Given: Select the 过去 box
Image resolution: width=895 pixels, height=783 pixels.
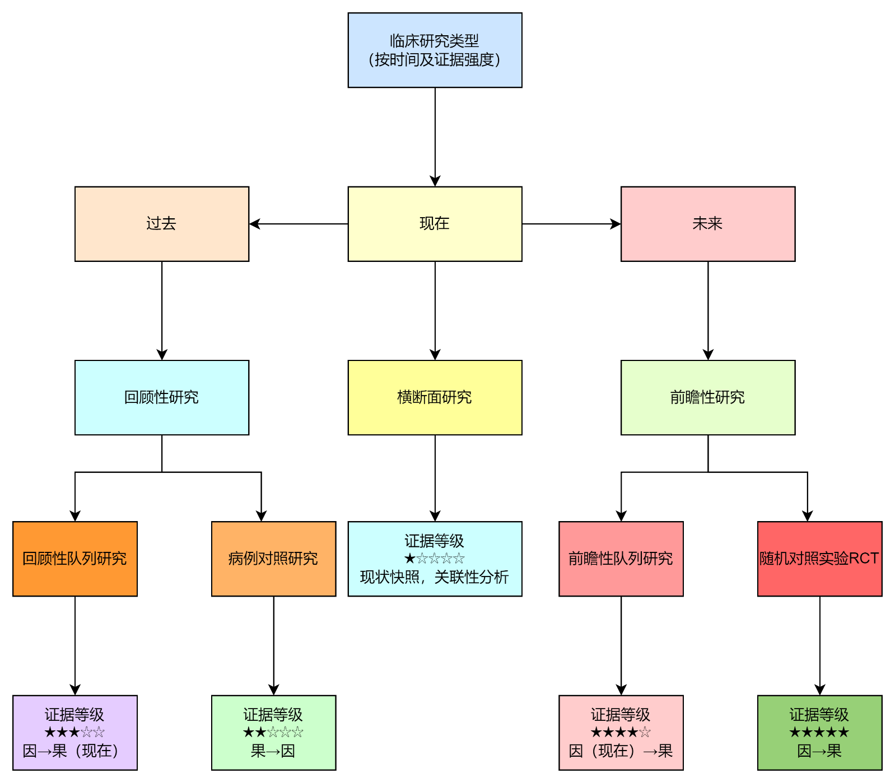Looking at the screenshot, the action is (161, 224).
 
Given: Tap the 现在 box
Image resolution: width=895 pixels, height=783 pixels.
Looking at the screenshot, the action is (435, 224).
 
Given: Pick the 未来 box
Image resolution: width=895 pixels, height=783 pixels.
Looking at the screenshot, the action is (707, 224).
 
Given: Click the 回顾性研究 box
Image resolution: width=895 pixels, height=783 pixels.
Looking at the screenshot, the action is (161, 397).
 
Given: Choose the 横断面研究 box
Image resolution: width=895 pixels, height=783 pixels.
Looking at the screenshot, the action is (435, 397).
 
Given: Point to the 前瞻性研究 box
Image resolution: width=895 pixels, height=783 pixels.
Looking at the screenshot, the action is (707, 397).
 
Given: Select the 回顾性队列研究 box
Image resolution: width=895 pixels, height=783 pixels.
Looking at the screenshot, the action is (74, 559).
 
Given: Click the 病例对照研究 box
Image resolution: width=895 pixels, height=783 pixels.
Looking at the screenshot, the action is (273, 559).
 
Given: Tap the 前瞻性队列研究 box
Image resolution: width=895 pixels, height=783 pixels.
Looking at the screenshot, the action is (621, 559).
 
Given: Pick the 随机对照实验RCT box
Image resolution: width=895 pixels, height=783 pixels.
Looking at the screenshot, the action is (819, 559).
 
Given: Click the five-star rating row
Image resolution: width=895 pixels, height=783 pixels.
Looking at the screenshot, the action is (819, 732).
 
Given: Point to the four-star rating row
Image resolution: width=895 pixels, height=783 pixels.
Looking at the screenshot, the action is (621, 732).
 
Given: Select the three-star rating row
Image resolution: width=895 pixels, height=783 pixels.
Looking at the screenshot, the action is (74, 732).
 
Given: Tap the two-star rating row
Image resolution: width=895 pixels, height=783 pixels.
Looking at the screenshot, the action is (273, 732).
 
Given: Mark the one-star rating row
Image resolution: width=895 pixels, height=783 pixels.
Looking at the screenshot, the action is (435, 559).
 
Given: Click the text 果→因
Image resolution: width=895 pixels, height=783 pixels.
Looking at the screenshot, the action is (273, 751).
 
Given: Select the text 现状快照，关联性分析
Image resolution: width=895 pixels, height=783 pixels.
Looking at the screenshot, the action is (435, 577).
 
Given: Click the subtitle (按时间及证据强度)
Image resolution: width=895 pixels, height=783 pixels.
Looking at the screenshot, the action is (435, 60).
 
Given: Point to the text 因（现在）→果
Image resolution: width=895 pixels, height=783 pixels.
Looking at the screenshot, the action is (621, 751).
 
